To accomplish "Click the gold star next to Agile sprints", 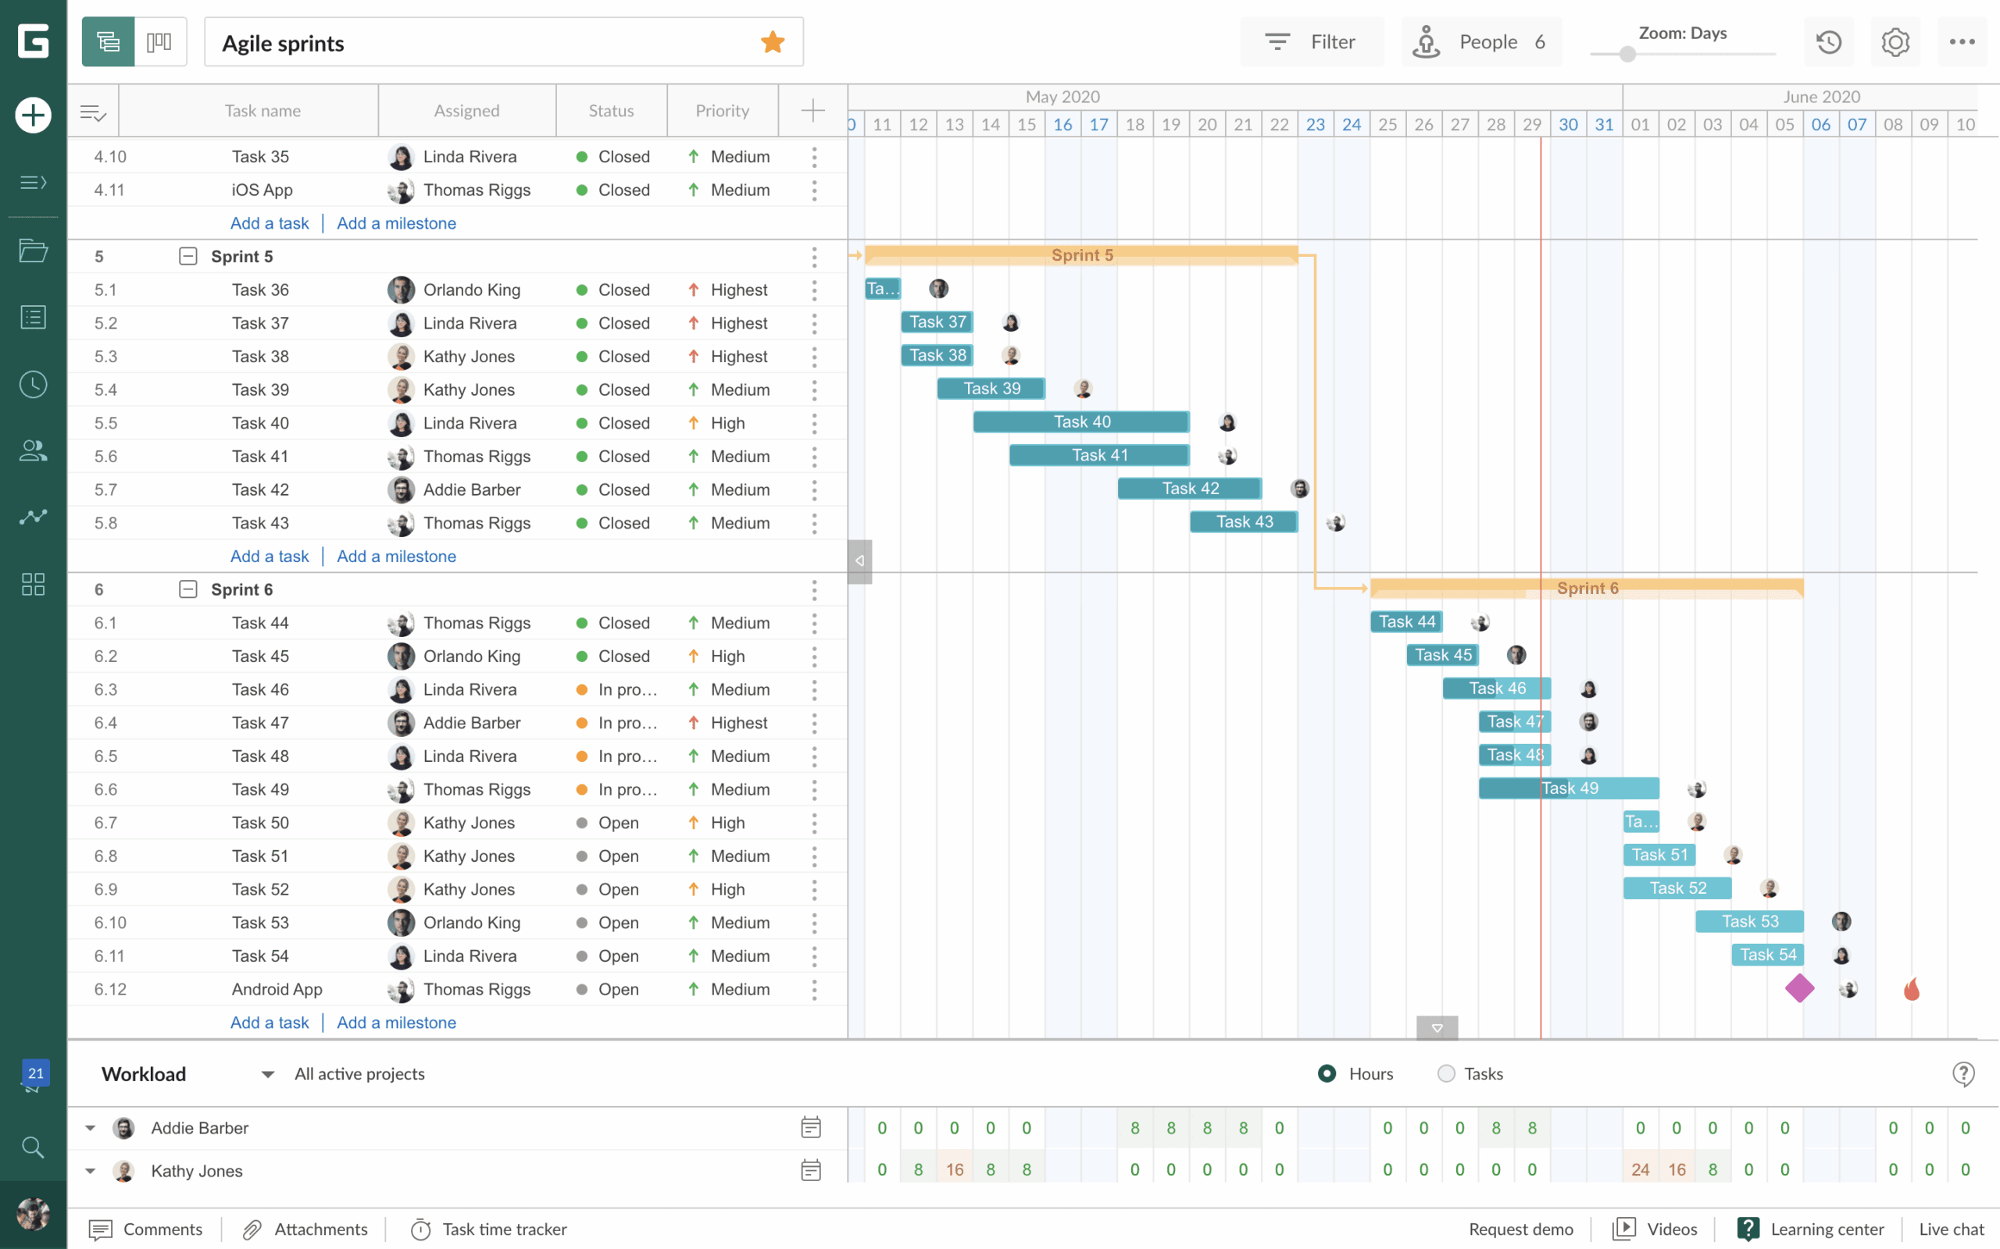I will (772, 42).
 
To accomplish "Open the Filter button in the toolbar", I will (1311, 42).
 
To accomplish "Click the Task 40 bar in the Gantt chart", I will (1081, 422).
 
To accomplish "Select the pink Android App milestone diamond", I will (1799, 988).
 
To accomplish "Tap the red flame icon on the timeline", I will (1911, 989).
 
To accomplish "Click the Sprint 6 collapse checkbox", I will (188, 589).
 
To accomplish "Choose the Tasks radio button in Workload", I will (1445, 1073).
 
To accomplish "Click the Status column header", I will (611, 111).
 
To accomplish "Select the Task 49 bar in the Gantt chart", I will (1569, 788).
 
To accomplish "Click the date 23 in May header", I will (1315, 125).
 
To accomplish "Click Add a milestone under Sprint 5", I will (396, 556).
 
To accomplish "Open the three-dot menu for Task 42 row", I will (814, 490).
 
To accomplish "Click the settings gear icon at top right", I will (1895, 42).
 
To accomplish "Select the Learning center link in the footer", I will (1827, 1229).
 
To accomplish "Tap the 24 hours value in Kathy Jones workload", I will (1640, 1169).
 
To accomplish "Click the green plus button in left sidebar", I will (33, 115).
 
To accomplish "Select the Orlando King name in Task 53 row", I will (471, 923).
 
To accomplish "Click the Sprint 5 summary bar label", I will (1081, 255).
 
